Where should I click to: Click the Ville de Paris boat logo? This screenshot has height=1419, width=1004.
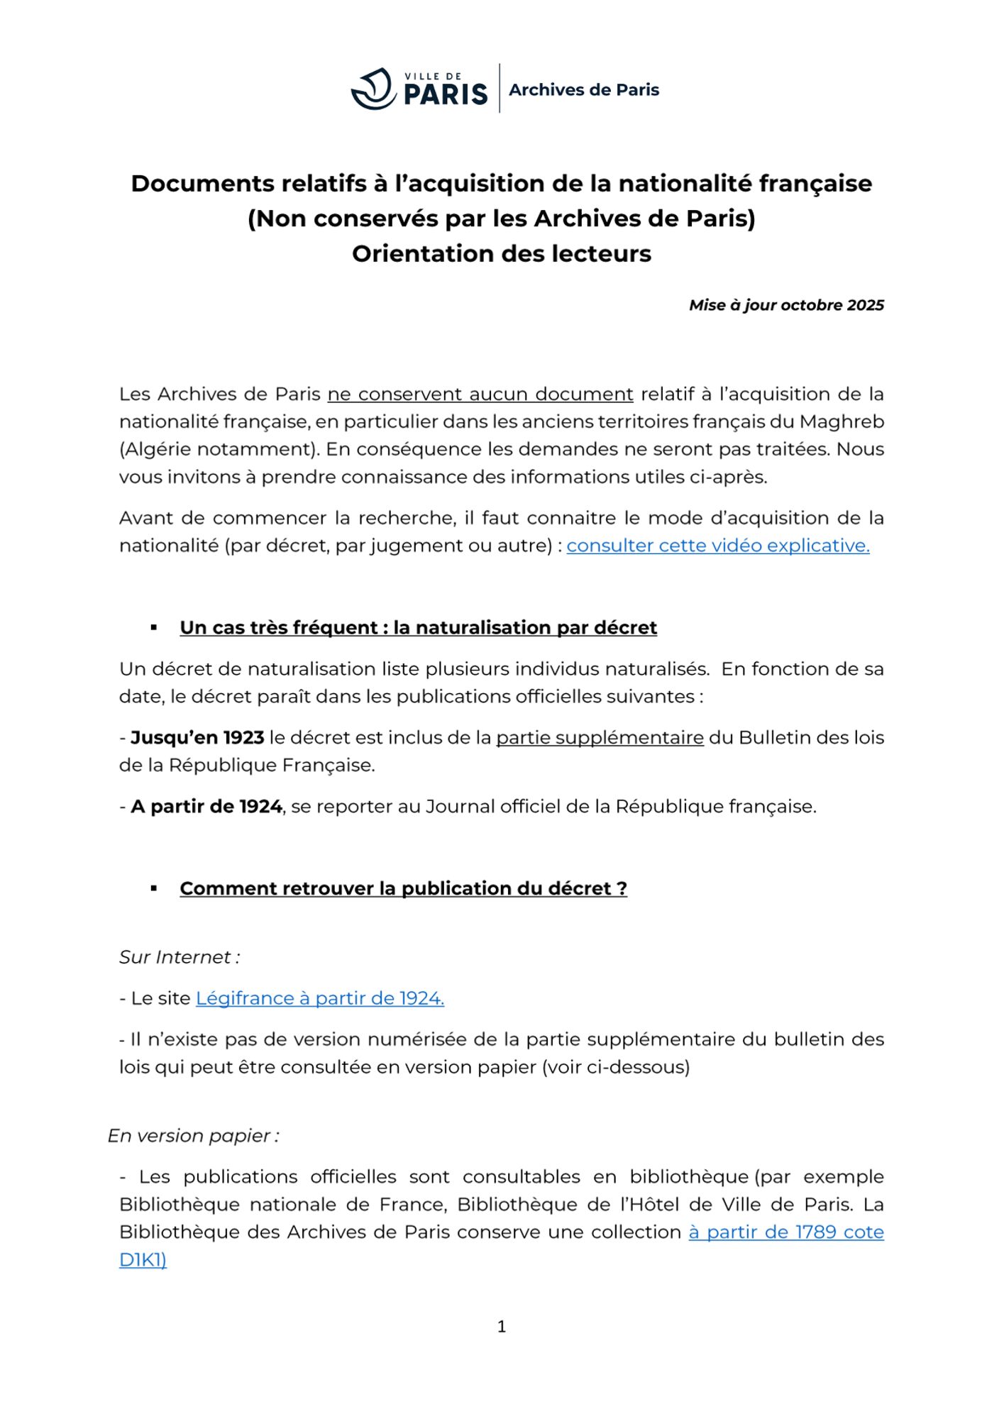373,89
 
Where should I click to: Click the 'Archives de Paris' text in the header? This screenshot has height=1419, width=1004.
584,90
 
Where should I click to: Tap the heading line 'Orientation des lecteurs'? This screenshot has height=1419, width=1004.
502,254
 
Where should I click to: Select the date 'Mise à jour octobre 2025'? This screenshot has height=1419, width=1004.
786,305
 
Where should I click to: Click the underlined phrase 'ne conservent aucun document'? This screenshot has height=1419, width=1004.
480,394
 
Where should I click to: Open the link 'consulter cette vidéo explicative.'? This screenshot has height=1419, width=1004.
717,546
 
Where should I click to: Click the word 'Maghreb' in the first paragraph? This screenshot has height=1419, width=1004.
842,422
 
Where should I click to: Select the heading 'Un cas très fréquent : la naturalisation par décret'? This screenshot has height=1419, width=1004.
418,628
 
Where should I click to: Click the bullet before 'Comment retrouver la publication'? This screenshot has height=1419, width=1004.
154,888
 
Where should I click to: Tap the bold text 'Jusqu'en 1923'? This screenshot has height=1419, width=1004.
197,738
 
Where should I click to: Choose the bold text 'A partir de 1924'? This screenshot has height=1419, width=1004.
206,807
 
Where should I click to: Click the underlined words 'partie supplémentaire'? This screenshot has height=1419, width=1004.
600,738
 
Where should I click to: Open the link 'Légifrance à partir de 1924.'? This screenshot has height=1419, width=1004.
320,998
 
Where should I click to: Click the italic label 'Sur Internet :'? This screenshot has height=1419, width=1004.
180,957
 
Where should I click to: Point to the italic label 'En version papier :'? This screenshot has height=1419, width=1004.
193,1136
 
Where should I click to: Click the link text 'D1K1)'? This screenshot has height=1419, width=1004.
143,1260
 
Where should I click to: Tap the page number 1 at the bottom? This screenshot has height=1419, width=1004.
502,1327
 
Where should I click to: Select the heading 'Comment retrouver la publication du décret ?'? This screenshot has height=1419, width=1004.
403,888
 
